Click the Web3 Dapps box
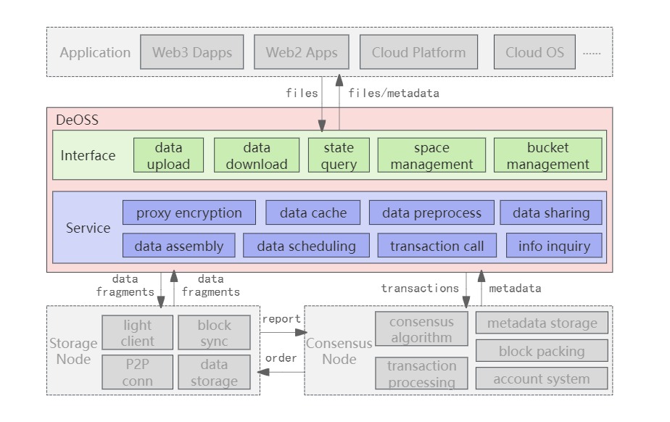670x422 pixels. pos(192,53)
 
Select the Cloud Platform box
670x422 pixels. pos(418,53)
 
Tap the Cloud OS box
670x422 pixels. pos(534,53)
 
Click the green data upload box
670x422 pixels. pos(168,156)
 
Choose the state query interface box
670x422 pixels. pos(339,156)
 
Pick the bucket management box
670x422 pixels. pos(547,156)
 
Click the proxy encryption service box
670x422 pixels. pos(189,213)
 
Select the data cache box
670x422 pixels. pos(313,213)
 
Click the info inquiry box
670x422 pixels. pos(554,246)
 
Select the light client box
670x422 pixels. pos(138,333)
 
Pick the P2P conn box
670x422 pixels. pos(138,373)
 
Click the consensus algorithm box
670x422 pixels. pos(421,329)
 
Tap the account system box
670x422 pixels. pos(541,378)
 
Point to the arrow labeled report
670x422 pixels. pos(282,332)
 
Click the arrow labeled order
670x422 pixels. pos(282,372)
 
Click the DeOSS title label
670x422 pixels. pos(77,120)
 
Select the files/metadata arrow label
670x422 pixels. pos(393,93)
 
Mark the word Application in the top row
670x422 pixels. pos(95,53)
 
